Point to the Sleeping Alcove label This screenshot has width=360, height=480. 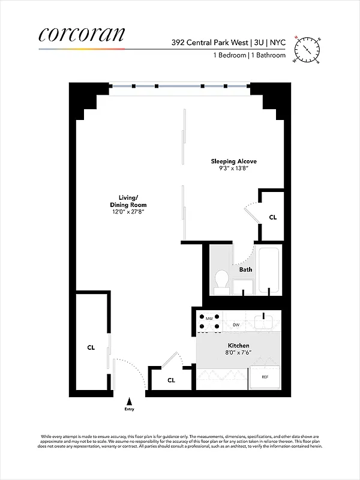230,161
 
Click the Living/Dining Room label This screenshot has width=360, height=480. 128,201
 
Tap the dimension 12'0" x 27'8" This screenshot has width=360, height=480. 128,212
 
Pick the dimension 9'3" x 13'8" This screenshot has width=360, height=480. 230,169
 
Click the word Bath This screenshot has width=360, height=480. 245,269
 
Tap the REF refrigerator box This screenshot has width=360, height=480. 265,377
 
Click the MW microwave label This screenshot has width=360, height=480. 209,317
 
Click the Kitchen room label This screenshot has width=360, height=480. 238,346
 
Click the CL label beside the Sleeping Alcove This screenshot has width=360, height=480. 272,217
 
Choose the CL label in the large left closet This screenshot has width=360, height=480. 91,347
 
